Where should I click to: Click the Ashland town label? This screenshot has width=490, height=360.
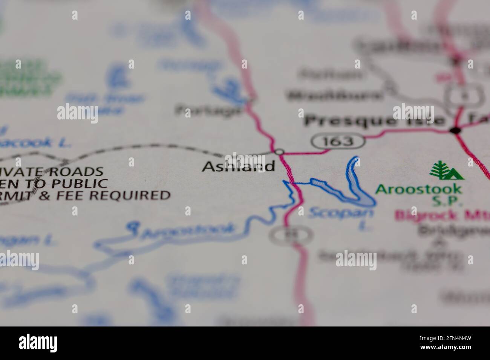pyautogui.click(x=238, y=166)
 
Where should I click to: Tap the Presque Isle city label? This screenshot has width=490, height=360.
pyautogui.click(x=374, y=121)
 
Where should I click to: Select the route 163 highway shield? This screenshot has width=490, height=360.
pyautogui.click(x=338, y=141)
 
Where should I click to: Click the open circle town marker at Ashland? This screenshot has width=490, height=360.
pyautogui.click(x=279, y=152)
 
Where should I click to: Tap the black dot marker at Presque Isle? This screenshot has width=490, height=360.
pyautogui.click(x=455, y=131)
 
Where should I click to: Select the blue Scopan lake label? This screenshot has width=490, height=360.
pyautogui.click(x=341, y=214)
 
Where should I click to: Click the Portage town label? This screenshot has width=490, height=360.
pyautogui.click(x=208, y=110)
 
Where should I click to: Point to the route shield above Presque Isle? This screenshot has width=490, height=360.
pyautogui.click(x=463, y=96)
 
